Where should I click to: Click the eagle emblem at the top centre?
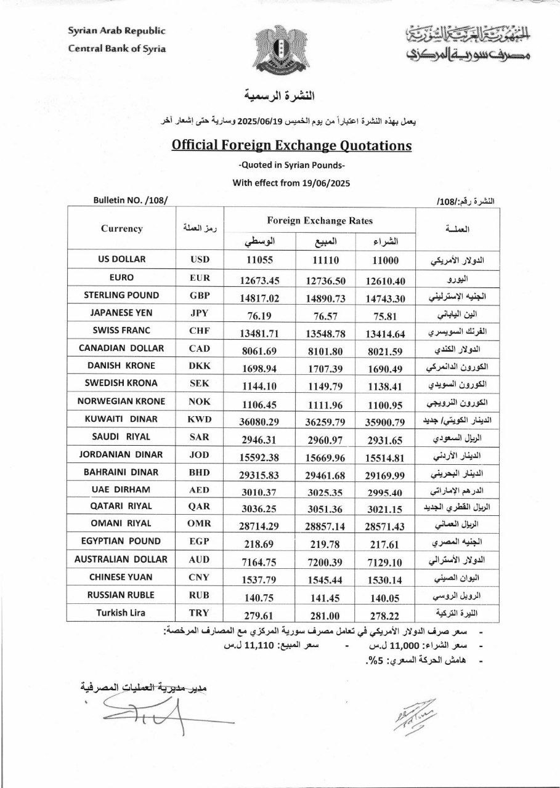coord(280,48)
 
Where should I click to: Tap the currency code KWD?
coord(200,420)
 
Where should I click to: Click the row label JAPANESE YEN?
coord(121,313)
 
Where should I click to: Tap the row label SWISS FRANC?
coord(121,330)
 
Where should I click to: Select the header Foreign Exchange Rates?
coord(320,221)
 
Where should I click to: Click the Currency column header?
coord(121,228)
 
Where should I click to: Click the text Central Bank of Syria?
coord(116,49)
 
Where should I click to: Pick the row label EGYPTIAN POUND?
coord(121,541)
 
